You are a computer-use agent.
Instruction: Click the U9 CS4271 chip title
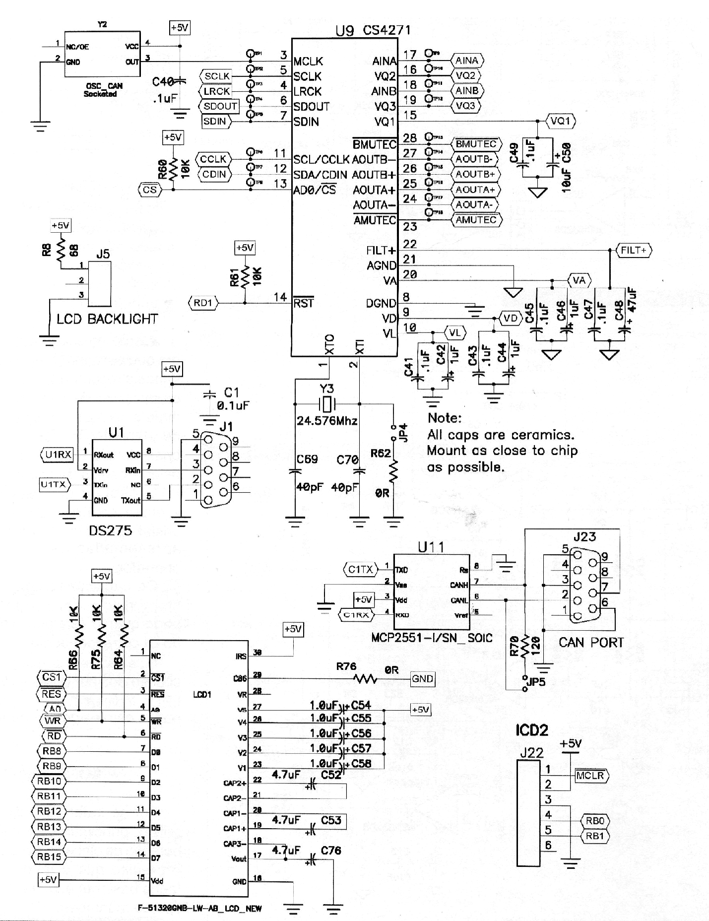click(373, 31)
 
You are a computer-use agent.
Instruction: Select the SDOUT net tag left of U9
click(220, 106)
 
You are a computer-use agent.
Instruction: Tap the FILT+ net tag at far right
click(634, 250)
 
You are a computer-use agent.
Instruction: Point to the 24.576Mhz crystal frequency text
click(327, 421)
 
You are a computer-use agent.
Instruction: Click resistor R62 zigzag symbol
click(393, 471)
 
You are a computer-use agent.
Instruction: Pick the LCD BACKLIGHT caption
click(107, 319)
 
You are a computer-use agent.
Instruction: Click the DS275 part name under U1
click(110, 530)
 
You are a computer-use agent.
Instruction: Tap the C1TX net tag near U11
click(360, 569)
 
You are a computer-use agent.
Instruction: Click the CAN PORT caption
click(590, 643)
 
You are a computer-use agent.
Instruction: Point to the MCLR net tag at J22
click(591, 775)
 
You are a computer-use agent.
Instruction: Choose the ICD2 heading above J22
click(532, 730)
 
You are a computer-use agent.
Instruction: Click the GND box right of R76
click(422, 678)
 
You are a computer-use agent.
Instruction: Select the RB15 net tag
click(49, 857)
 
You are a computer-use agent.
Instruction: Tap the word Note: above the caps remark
click(445, 418)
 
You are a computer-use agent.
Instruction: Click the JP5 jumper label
click(536, 682)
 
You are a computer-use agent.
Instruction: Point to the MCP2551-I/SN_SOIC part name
click(431, 637)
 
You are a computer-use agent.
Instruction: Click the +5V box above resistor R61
click(245, 248)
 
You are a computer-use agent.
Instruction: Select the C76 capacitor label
click(330, 851)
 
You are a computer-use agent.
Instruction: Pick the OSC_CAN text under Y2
click(104, 86)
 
